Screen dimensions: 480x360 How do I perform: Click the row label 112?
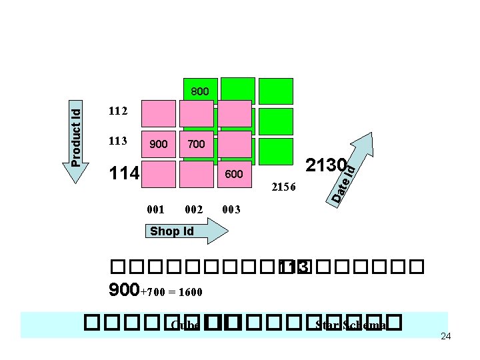[x=117, y=111]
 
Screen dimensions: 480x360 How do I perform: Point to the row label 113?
[x=117, y=141]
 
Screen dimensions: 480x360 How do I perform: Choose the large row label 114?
[x=124, y=174]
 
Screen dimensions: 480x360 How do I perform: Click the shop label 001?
[x=155, y=209]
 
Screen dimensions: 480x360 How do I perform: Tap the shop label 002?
[x=193, y=209]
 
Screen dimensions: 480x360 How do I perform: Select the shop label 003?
[x=231, y=209]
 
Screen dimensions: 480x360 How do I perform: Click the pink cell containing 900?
[x=159, y=144]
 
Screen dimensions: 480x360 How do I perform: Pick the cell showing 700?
[x=197, y=144]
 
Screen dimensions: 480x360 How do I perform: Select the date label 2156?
[x=287, y=187]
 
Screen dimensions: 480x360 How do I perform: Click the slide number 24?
[x=446, y=336]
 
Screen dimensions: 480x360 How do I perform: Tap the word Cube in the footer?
[x=185, y=325]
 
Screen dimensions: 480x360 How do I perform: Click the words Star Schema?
[x=351, y=325]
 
